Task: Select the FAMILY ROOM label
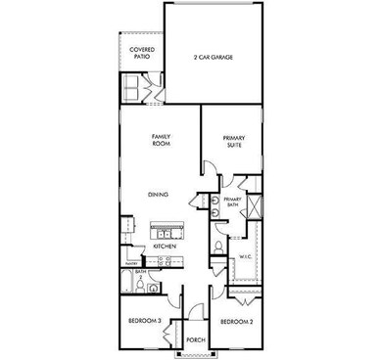161,140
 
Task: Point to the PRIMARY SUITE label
232,143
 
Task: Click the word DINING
159,195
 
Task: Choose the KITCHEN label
165,247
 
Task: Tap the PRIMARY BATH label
231,202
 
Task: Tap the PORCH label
195,340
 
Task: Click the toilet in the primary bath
218,247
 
